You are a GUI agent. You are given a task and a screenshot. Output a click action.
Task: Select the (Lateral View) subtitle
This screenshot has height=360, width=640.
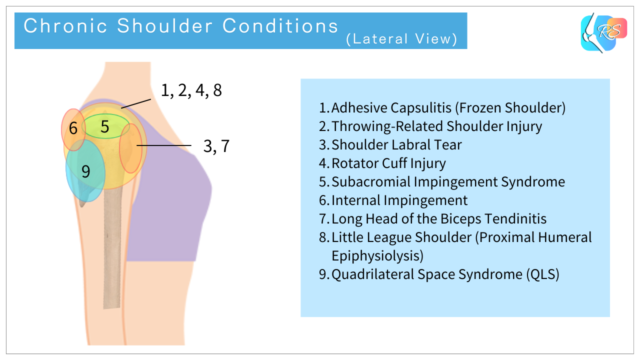point(402,40)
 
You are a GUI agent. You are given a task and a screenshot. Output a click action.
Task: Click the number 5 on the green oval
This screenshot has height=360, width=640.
point(104,126)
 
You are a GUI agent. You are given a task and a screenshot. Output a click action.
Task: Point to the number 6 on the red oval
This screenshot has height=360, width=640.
point(73,129)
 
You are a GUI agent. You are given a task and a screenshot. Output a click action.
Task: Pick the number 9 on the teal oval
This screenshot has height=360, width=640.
point(86,171)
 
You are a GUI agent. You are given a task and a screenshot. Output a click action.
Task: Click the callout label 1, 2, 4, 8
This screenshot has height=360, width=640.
point(191,91)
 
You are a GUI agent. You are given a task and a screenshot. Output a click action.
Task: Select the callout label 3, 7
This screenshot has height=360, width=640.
point(216,146)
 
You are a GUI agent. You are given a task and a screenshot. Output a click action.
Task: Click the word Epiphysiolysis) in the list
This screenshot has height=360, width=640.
point(375,255)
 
